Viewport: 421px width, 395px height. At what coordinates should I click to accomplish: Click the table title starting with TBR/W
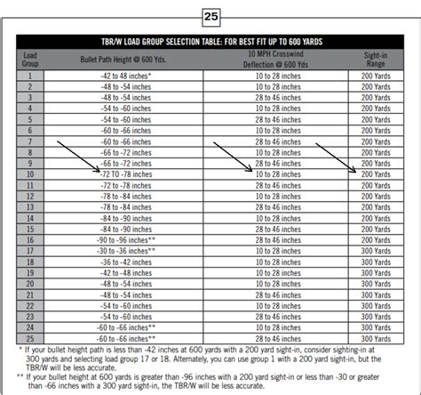coord(210,42)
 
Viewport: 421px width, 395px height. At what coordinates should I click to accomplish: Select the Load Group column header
coord(29,59)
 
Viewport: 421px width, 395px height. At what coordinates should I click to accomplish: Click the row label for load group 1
coord(29,77)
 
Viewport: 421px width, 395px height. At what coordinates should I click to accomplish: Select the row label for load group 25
coord(29,339)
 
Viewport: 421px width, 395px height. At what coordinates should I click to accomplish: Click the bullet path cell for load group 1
coord(125,77)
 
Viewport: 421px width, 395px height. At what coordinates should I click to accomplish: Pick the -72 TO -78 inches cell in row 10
coord(125,175)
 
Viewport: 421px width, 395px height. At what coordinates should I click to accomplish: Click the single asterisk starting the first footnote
coord(20,350)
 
